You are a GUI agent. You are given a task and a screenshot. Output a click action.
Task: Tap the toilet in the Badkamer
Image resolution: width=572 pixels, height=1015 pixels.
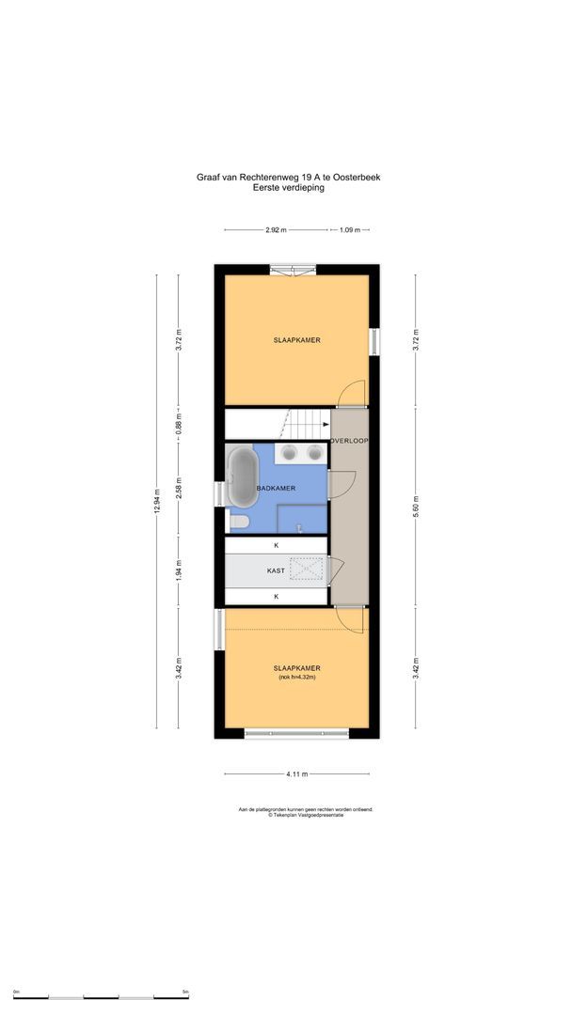point(239,521)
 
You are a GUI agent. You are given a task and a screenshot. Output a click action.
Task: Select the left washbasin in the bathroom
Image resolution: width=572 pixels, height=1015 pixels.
point(291,454)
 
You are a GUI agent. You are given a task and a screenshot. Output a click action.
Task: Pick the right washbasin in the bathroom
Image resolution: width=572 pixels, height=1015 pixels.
point(314,454)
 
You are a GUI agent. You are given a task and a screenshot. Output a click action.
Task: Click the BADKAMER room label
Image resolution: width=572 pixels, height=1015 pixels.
point(277,489)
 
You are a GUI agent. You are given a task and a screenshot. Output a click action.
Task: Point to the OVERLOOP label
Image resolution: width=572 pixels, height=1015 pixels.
point(348,441)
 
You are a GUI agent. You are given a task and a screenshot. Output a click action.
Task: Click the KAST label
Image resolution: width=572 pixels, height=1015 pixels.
point(276,570)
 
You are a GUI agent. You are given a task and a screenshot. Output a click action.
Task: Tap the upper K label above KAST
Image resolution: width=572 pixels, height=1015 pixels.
point(276,545)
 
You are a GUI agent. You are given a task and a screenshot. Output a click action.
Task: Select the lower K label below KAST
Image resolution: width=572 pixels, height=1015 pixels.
point(276,596)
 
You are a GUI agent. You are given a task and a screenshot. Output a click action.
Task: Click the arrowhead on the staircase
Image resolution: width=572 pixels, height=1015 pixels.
point(325,424)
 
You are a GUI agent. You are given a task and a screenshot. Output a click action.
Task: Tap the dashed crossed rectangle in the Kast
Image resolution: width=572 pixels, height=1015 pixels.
point(307,570)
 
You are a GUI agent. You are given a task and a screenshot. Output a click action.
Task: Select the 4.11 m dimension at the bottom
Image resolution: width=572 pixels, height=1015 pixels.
point(296,773)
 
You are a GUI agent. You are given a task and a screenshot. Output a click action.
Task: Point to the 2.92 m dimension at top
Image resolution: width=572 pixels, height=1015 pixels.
point(276,229)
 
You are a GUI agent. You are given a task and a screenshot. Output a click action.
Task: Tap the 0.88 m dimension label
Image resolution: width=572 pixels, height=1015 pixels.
point(179,423)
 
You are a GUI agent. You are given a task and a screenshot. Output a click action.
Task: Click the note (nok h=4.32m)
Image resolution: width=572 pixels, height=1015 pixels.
point(296,677)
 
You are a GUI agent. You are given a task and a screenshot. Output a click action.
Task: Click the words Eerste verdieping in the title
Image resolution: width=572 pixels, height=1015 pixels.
point(289,188)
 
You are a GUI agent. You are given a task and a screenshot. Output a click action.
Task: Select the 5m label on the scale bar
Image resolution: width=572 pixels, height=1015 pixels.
point(185,992)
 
